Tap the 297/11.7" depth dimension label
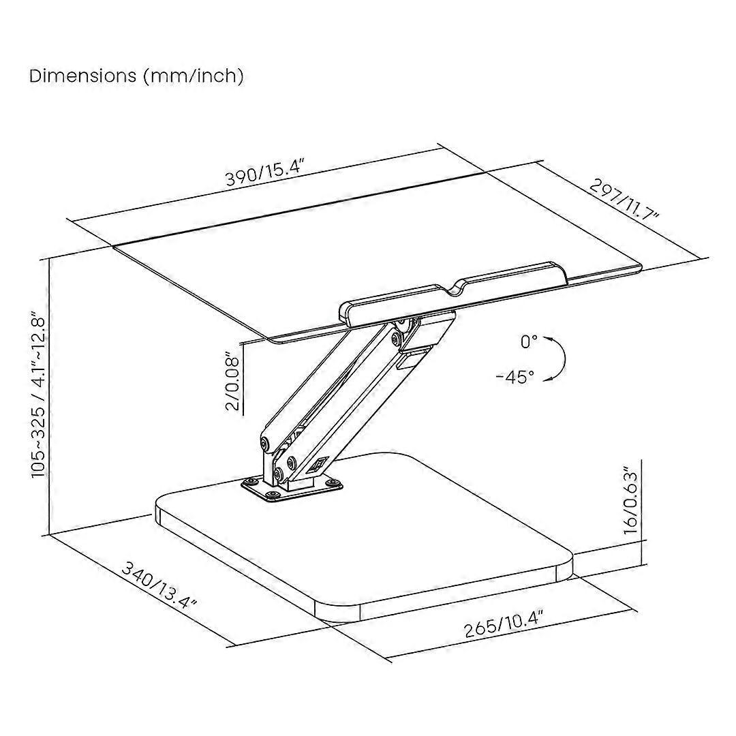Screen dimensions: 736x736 pyautogui.click(x=624, y=201)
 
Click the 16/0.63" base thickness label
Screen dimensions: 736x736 pyautogui.click(x=631, y=500)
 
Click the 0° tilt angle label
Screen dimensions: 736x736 pyautogui.click(x=529, y=341)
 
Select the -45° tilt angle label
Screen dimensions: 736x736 pyautogui.click(x=515, y=376)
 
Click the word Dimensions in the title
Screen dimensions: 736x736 pyautogui.click(x=83, y=76)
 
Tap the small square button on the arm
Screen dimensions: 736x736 pyautogui.click(x=316, y=465)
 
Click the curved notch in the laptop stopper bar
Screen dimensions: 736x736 pyautogui.click(x=453, y=288)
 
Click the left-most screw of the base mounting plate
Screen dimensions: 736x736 pyautogui.click(x=248, y=482)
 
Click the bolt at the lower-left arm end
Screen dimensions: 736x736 pyautogui.click(x=266, y=444)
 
